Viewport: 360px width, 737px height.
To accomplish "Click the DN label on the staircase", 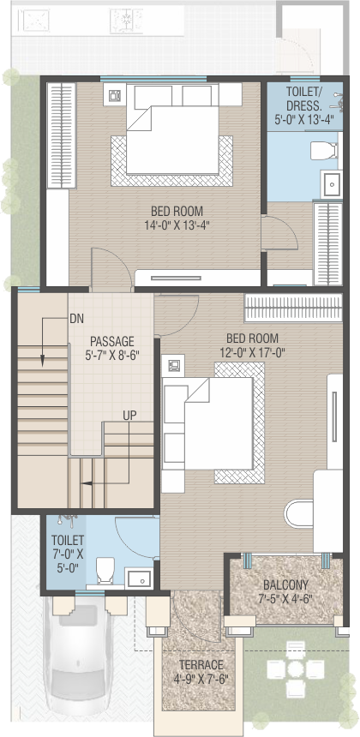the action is [76, 319].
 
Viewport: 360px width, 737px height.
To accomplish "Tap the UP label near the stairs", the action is [129, 415].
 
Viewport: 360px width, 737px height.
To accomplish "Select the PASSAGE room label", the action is [111, 341].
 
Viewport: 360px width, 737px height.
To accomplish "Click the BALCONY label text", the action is [285, 585].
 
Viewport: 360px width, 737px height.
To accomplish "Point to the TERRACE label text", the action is [201, 665].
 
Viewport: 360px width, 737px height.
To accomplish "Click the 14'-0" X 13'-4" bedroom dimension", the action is [177, 225].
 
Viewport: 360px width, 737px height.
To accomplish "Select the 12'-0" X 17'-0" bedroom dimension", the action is [252, 352].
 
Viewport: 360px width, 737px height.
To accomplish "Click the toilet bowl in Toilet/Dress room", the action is [324, 151].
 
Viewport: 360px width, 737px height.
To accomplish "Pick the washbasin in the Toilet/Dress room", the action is [332, 184].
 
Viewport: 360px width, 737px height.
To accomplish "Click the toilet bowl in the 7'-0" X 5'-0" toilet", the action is [105, 570].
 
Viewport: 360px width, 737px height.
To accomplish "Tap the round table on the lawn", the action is [295, 668].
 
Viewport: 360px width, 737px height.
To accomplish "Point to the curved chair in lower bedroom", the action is [299, 513].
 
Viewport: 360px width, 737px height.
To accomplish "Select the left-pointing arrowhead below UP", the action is [85, 482].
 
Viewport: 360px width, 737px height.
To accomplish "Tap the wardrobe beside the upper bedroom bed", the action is [62, 135].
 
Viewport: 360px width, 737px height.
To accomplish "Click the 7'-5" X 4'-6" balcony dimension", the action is [285, 599].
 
